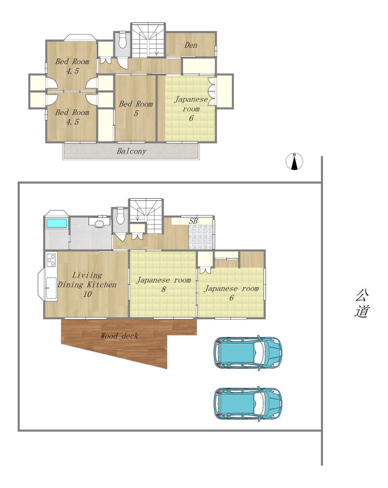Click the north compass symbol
click(294, 161)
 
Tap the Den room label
click(191, 45)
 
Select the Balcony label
click(132, 151)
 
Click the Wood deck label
click(119, 336)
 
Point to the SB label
click(193, 221)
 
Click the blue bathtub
click(57, 223)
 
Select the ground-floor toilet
click(121, 216)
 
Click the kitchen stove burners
click(51, 260)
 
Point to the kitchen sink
click(51, 288)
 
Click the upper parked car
click(248, 353)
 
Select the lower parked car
click(248, 404)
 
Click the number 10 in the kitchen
click(88, 294)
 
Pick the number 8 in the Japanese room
click(164, 289)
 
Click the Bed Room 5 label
click(136, 109)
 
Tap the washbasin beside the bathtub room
click(100, 222)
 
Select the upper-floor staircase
click(148, 40)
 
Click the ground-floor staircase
click(146, 215)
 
